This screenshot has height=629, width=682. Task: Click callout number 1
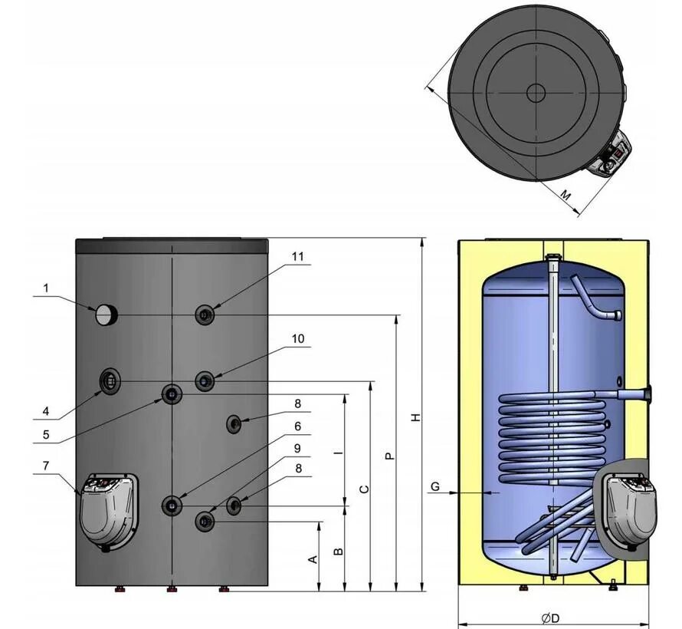click(x=46, y=288)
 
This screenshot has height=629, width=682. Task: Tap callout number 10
click(x=297, y=338)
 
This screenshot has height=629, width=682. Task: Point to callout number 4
click(x=46, y=410)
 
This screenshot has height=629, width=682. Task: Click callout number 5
click(x=46, y=434)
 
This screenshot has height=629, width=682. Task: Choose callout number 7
click(x=46, y=466)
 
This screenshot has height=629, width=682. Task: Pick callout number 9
click(x=297, y=448)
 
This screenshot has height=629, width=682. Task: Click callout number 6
click(x=297, y=426)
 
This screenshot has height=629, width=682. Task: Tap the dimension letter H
click(x=415, y=417)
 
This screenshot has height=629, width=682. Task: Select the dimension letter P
click(x=389, y=456)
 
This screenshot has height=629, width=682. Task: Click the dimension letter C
click(x=365, y=489)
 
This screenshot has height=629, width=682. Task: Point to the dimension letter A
click(x=312, y=559)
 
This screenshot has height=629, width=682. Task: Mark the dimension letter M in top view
click(x=565, y=196)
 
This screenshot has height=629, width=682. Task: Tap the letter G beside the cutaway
click(x=434, y=486)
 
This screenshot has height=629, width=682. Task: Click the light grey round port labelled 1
click(x=106, y=313)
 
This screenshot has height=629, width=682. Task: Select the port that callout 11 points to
click(x=205, y=314)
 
